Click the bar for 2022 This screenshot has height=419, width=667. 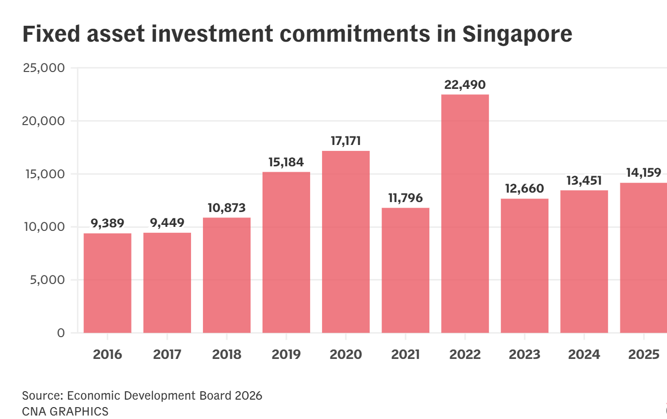(465, 213)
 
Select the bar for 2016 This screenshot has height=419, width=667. (108, 283)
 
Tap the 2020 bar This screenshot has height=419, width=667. (346, 242)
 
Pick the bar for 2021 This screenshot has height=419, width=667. (405, 270)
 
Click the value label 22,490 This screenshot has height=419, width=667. (465, 85)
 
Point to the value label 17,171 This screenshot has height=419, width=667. (346, 141)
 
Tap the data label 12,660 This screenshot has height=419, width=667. (525, 189)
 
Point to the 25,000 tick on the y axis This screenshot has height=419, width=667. (44, 68)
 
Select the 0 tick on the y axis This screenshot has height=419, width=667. (61, 333)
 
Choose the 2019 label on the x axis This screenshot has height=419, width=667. (286, 355)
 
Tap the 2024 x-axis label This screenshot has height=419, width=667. (584, 355)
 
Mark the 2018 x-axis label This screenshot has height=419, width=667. (227, 355)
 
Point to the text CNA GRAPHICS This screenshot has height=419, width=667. (65, 412)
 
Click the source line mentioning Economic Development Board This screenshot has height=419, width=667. (142, 396)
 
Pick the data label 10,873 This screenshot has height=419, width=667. (227, 208)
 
